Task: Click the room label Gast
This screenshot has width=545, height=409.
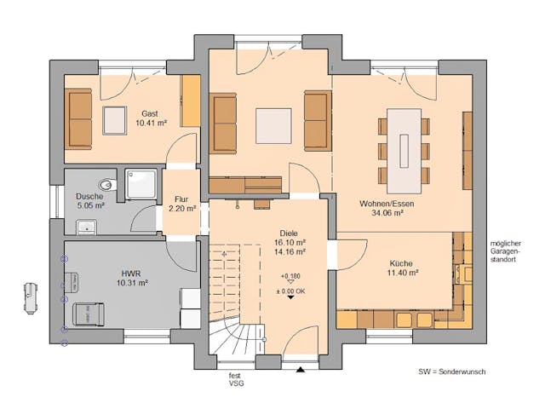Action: coord(150,112)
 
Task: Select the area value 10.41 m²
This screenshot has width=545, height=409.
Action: coord(150,124)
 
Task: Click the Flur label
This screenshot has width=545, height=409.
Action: coord(182,198)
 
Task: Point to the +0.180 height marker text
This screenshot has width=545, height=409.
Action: coord(290,276)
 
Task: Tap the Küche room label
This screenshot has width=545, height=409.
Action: coord(403,263)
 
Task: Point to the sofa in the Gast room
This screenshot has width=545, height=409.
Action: coord(79,117)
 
